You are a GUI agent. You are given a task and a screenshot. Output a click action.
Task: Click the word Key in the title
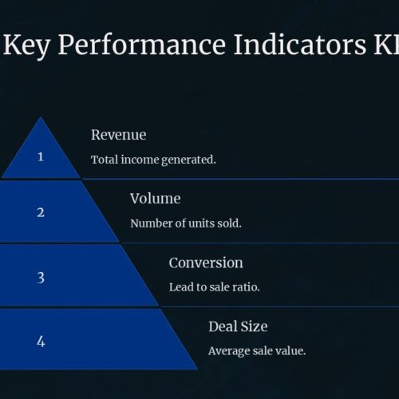tap(26, 45)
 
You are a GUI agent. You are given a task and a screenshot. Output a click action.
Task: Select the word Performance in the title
tap(142, 45)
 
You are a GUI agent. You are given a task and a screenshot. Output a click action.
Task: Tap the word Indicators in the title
tap(300, 45)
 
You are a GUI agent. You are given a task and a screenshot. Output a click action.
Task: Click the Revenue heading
tap(118, 135)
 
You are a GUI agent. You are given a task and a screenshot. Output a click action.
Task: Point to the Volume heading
tap(156, 199)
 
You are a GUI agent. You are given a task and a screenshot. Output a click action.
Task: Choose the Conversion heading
tap(206, 263)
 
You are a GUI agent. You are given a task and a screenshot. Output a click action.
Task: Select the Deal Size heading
tap(238, 326)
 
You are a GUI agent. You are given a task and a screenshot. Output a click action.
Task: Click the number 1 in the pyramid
tap(41, 156)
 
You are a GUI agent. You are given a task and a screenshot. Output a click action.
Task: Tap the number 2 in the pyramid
tap(41, 212)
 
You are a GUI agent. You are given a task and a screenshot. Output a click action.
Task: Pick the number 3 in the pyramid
tap(41, 278)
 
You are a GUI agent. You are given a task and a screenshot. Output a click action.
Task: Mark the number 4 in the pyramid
tap(41, 342)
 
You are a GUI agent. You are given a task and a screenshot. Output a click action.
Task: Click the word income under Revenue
tap(140, 160)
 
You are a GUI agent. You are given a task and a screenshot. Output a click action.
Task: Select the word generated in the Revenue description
tap(188, 160)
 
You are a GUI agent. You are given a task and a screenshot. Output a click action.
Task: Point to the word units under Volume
tap(201, 223)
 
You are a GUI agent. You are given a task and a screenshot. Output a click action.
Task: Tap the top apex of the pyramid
tap(41, 117)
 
